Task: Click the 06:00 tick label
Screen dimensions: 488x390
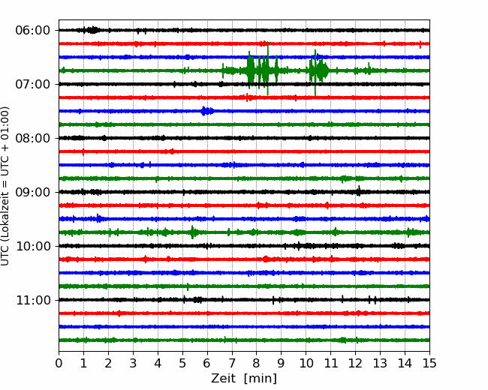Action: tap(33, 31)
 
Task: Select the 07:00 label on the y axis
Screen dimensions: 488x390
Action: tap(33, 84)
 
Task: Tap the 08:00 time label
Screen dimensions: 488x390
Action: tap(33, 138)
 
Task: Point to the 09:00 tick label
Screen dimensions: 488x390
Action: tap(33, 192)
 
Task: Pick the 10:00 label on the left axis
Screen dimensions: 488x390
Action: tap(33, 246)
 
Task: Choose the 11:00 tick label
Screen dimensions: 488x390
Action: tap(33, 300)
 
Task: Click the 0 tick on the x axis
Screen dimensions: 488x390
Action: tap(59, 363)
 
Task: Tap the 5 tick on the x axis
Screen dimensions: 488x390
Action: tap(182, 363)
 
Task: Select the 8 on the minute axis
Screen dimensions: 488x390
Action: tap(257, 363)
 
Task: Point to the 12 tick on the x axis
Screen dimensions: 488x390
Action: tap(355, 363)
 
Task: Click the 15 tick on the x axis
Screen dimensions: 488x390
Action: tap(429, 363)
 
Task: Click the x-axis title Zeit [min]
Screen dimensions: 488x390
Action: tap(244, 379)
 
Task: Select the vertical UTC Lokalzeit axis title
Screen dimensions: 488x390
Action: tap(5, 186)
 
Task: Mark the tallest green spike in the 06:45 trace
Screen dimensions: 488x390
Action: tap(268, 68)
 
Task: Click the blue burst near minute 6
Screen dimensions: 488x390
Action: tap(206, 111)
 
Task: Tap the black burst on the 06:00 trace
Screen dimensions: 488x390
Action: tap(92, 30)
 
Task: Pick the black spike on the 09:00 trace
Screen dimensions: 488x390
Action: tap(359, 190)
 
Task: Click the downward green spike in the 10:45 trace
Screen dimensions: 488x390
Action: tap(188, 287)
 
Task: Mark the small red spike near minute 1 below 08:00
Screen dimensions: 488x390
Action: tap(83, 151)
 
